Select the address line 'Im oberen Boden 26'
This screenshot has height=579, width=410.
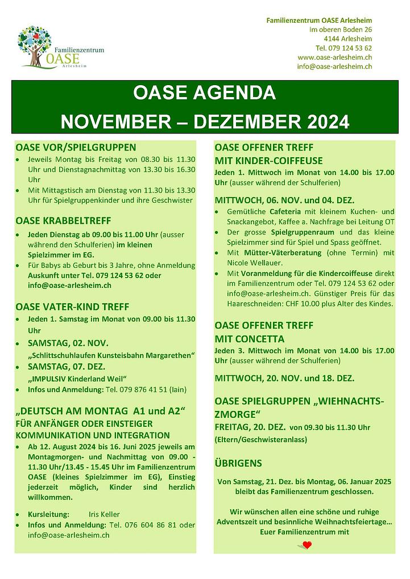pyautogui.click(x=341, y=30)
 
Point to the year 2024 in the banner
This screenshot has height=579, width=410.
pyautogui.click(x=321, y=120)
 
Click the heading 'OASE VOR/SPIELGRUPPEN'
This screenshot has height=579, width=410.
pyautogui.click(x=76, y=147)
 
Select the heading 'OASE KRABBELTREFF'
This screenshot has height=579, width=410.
pyautogui.click(x=63, y=220)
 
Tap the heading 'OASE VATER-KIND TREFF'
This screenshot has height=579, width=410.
pyautogui.click(x=72, y=307)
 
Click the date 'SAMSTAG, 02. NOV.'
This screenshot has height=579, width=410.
pyautogui.click(x=68, y=343)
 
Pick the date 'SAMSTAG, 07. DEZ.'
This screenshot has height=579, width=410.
pyautogui.click(x=68, y=367)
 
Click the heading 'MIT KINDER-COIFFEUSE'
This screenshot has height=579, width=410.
pyautogui.click(x=268, y=161)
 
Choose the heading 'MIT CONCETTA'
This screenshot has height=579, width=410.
pyautogui.click(x=250, y=338)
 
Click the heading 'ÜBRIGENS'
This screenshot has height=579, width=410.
pyautogui.click(x=238, y=463)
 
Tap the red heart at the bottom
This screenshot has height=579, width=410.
pyautogui.click(x=307, y=546)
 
